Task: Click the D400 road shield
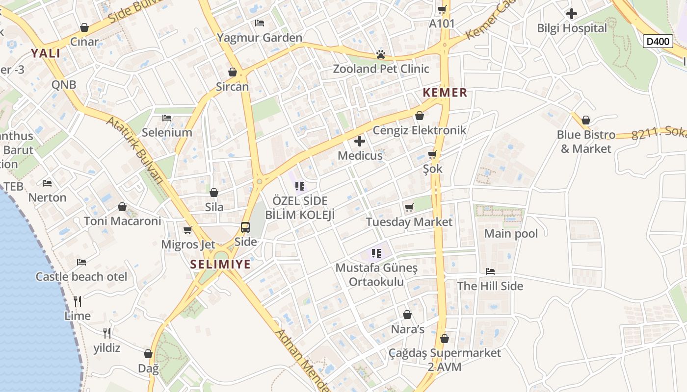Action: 658,41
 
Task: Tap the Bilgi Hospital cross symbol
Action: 572,14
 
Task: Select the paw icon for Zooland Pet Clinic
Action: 381,54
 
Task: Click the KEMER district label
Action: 445,93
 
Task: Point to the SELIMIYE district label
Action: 220,265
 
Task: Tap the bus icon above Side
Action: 245,227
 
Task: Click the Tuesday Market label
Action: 409,222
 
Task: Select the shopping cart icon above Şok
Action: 432,155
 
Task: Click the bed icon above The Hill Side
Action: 490,271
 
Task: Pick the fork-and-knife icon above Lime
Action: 78,301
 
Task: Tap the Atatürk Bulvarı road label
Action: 134,150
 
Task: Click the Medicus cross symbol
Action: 360,142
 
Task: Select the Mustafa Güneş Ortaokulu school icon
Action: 376,253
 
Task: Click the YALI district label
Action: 46,53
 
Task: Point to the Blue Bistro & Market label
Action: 586,142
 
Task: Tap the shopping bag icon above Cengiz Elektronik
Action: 420,116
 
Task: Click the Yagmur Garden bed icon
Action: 260,23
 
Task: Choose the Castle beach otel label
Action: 81,277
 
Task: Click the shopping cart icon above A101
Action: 442,9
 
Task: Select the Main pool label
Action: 511,234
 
